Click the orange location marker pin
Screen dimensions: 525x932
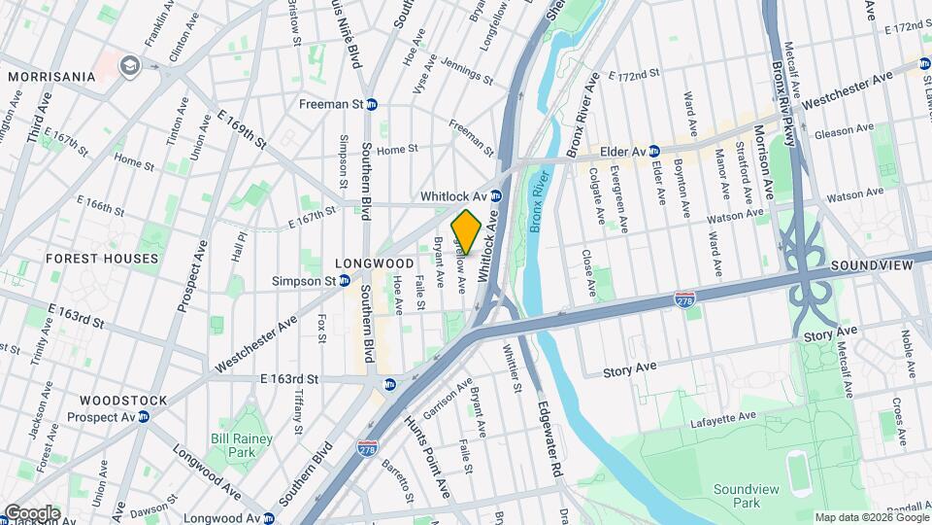(466, 232)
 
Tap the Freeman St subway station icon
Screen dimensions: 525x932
(371, 104)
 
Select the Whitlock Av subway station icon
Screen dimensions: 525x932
(495, 195)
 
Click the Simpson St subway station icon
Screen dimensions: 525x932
(344, 281)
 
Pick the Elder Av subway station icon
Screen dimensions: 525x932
(654, 152)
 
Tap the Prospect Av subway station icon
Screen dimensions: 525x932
(143, 417)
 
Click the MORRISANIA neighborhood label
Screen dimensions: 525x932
(52, 76)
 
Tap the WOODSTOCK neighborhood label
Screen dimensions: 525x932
(123, 400)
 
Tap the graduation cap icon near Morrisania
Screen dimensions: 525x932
(127, 65)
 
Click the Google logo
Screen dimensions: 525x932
(31, 512)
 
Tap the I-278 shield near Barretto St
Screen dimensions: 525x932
(367, 448)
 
